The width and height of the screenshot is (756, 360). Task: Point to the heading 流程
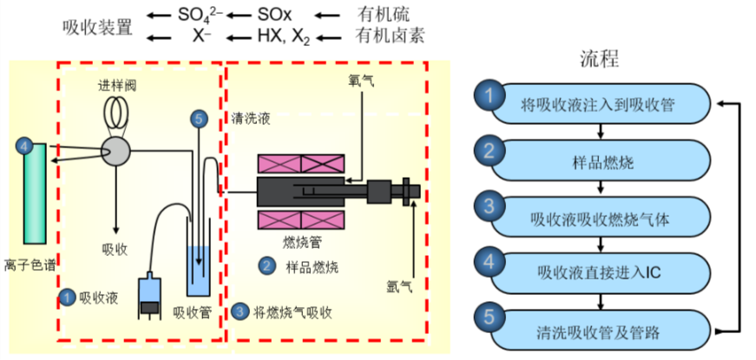click(599, 59)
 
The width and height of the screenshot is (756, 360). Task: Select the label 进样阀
click(116, 87)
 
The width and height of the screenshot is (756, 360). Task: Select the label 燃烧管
click(302, 240)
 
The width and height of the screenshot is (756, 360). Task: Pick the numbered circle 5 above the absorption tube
click(200, 120)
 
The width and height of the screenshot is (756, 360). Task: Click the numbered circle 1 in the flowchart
click(490, 95)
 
